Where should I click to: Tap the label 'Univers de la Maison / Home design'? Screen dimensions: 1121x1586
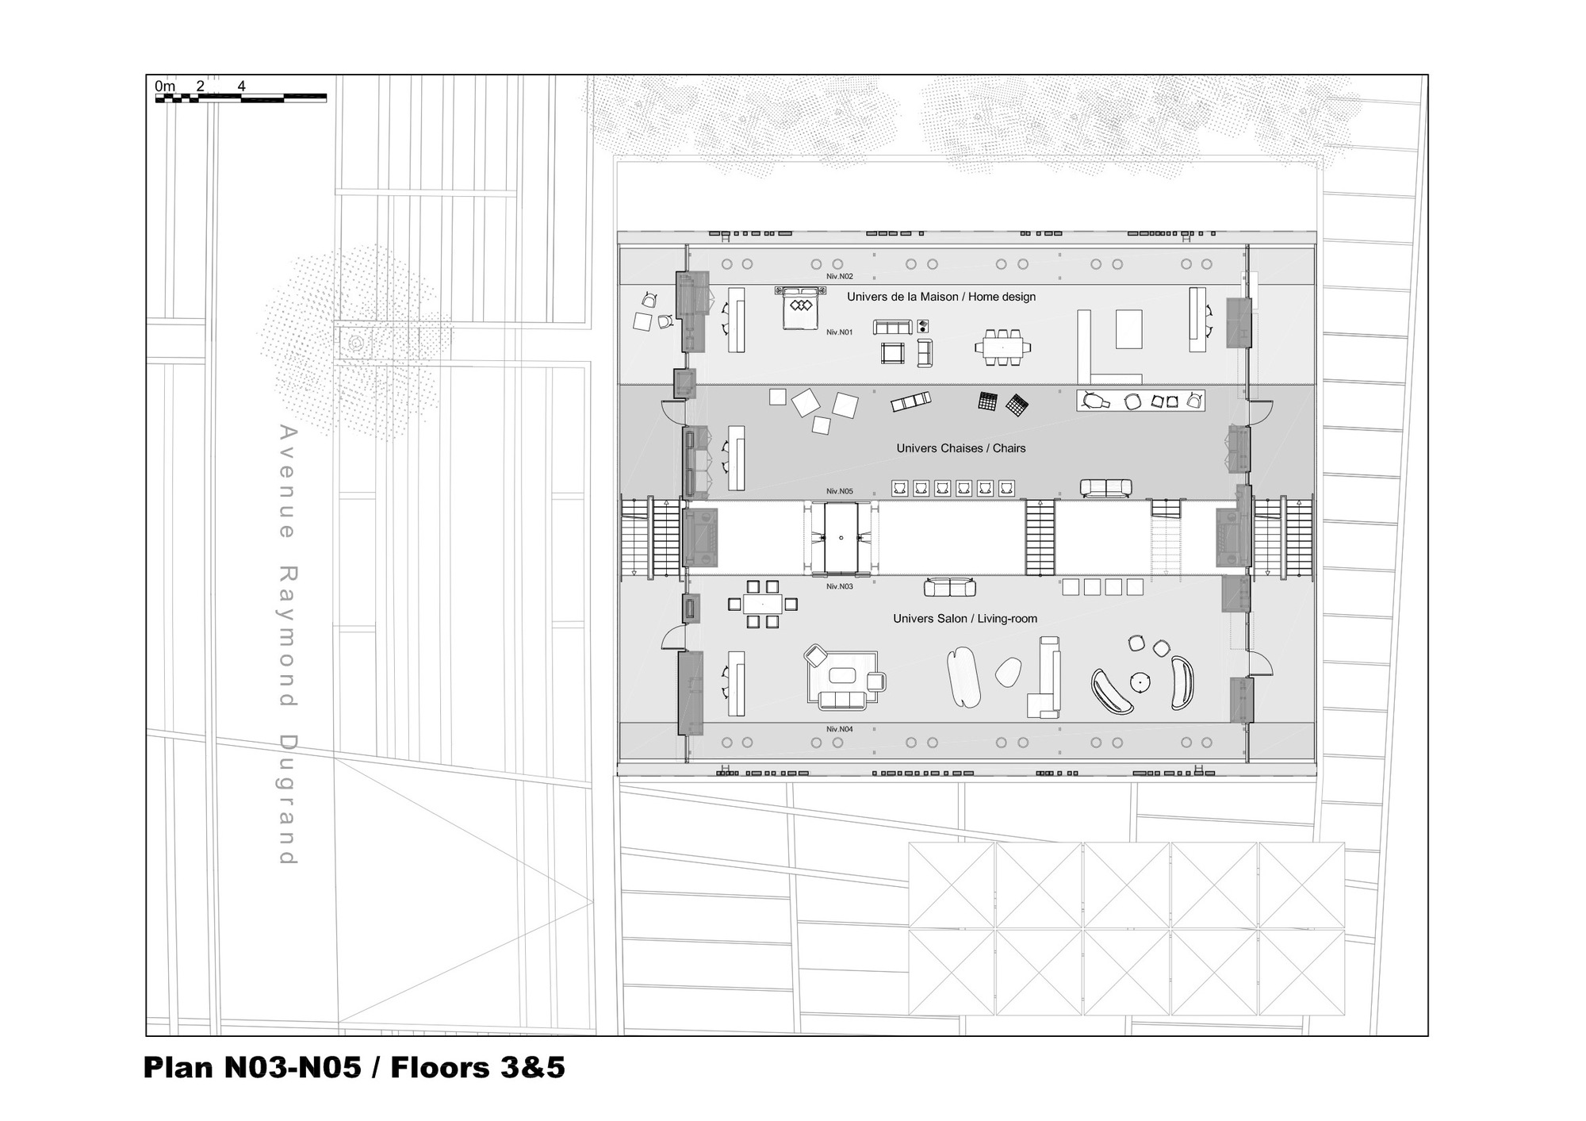click(x=940, y=297)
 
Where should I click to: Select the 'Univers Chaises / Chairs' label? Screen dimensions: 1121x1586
click(x=960, y=448)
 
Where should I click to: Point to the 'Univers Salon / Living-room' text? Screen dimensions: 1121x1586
click(x=964, y=619)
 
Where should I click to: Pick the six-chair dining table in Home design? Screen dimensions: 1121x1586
click(x=1002, y=347)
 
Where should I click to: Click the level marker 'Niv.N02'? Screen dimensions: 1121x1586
click(x=839, y=276)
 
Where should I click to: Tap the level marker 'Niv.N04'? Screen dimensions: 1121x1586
click(x=839, y=729)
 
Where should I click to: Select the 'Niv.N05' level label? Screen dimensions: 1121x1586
click(x=839, y=492)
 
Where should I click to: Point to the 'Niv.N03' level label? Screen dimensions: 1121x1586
click(x=839, y=586)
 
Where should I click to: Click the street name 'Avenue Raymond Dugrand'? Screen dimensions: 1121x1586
click(x=287, y=644)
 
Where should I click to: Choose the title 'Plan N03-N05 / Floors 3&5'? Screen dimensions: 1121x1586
click(x=354, y=1068)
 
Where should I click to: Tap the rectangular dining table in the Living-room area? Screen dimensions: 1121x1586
click(x=762, y=605)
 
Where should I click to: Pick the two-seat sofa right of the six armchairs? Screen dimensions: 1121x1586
click(x=1105, y=488)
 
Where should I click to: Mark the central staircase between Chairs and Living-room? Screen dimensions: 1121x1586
click(x=1040, y=537)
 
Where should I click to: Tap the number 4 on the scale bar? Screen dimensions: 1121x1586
click(x=241, y=86)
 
